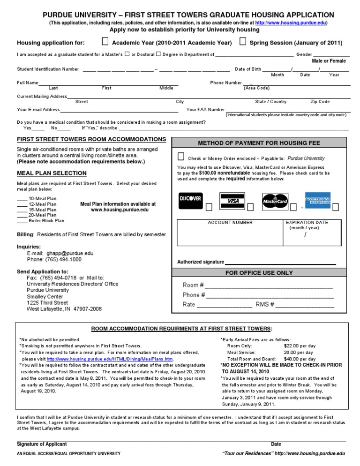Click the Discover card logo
(x=190, y=199)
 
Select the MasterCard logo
(x=274, y=201)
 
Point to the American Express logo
(x=317, y=200)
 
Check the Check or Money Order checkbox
(x=181, y=157)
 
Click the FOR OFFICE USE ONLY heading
(x=259, y=273)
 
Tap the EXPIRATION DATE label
(x=307, y=223)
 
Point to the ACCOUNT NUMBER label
(x=230, y=223)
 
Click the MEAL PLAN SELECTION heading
(x=52, y=173)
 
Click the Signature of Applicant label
(x=42, y=444)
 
